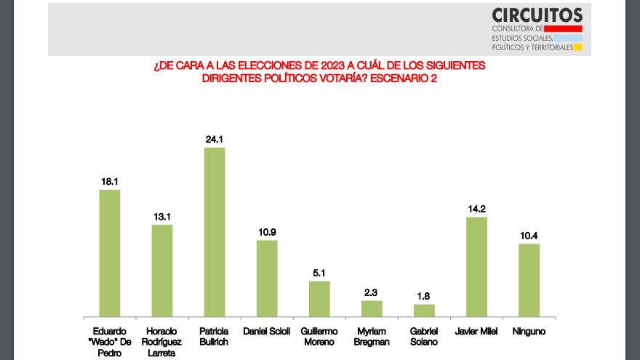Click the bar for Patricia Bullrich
click(215, 232)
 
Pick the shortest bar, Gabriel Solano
click(424, 311)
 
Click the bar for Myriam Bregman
click(372, 309)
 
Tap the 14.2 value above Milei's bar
click(477, 209)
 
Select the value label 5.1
click(319, 273)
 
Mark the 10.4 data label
click(529, 236)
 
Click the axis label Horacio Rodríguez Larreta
click(161, 342)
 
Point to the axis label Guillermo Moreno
click(319, 337)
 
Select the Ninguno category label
click(529, 332)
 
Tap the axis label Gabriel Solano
click(424, 337)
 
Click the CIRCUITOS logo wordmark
click(537, 15)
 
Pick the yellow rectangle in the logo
click(578, 47)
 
